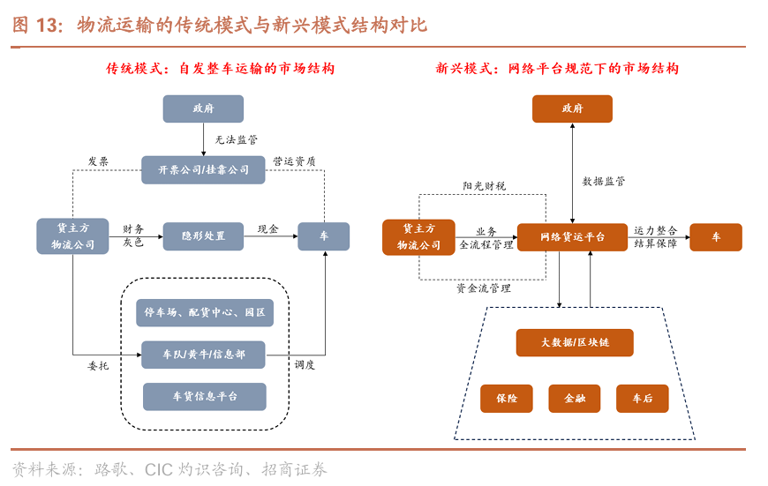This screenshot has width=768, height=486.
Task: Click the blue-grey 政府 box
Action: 203,108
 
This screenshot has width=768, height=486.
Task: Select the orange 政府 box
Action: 572,108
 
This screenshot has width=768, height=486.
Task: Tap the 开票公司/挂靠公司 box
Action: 203,169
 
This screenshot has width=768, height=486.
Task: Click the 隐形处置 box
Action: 203,236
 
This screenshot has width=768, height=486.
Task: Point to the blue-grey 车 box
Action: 323,236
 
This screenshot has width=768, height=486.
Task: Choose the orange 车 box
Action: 716,237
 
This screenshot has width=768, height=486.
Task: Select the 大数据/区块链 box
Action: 575,342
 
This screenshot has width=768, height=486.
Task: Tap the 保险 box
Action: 507,399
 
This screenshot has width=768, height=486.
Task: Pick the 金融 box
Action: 575,399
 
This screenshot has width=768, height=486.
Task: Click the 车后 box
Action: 643,399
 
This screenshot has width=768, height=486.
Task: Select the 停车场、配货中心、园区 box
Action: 205,312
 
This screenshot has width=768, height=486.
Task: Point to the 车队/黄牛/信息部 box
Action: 203,355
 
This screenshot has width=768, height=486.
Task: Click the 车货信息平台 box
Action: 205,397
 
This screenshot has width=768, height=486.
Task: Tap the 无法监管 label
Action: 237,139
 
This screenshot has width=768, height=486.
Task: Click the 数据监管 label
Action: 604,181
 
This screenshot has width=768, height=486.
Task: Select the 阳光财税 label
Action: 484,186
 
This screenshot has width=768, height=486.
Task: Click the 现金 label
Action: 267,229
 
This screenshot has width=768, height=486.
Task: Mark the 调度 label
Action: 305,364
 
